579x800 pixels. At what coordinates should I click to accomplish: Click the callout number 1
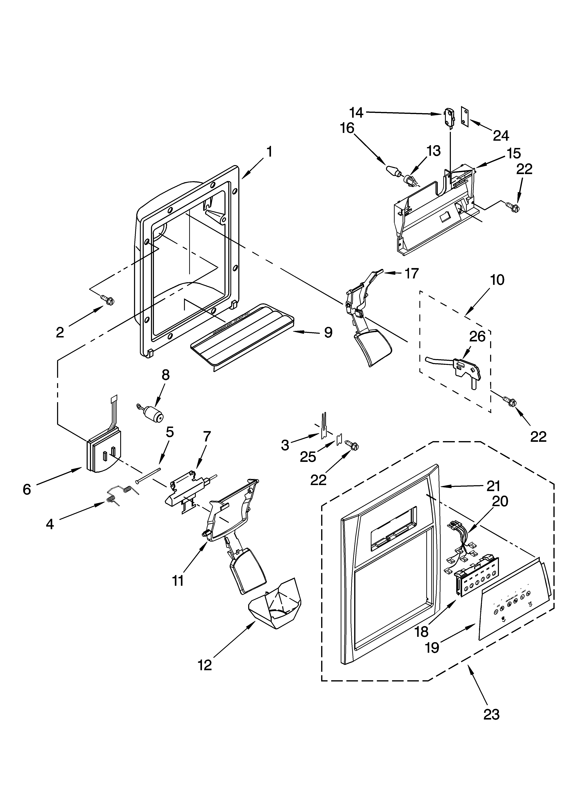coord(269,152)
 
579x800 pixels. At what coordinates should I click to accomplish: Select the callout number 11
coord(178,580)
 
